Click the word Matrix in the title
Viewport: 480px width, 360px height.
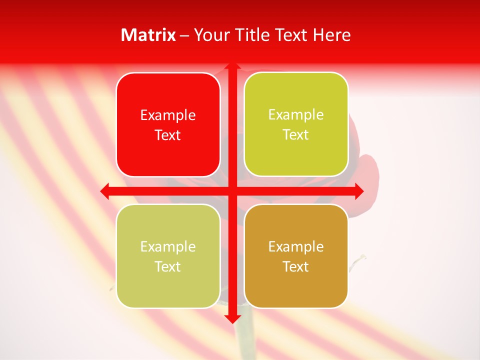click(x=148, y=35)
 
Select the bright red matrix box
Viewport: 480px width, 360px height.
click(x=168, y=125)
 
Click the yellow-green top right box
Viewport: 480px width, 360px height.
click(x=296, y=124)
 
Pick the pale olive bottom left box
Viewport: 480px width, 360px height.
click(x=168, y=256)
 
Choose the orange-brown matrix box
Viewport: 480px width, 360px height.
click(x=296, y=256)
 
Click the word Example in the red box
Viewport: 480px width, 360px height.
click(x=168, y=115)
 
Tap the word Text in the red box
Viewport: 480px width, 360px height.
click(x=168, y=135)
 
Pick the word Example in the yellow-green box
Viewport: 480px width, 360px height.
click(x=296, y=115)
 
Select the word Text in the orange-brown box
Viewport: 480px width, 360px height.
click(x=296, y=266)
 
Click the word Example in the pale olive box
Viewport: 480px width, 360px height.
click(x=168, y=246)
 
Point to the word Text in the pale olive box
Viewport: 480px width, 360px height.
click(x=168, y=266)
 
